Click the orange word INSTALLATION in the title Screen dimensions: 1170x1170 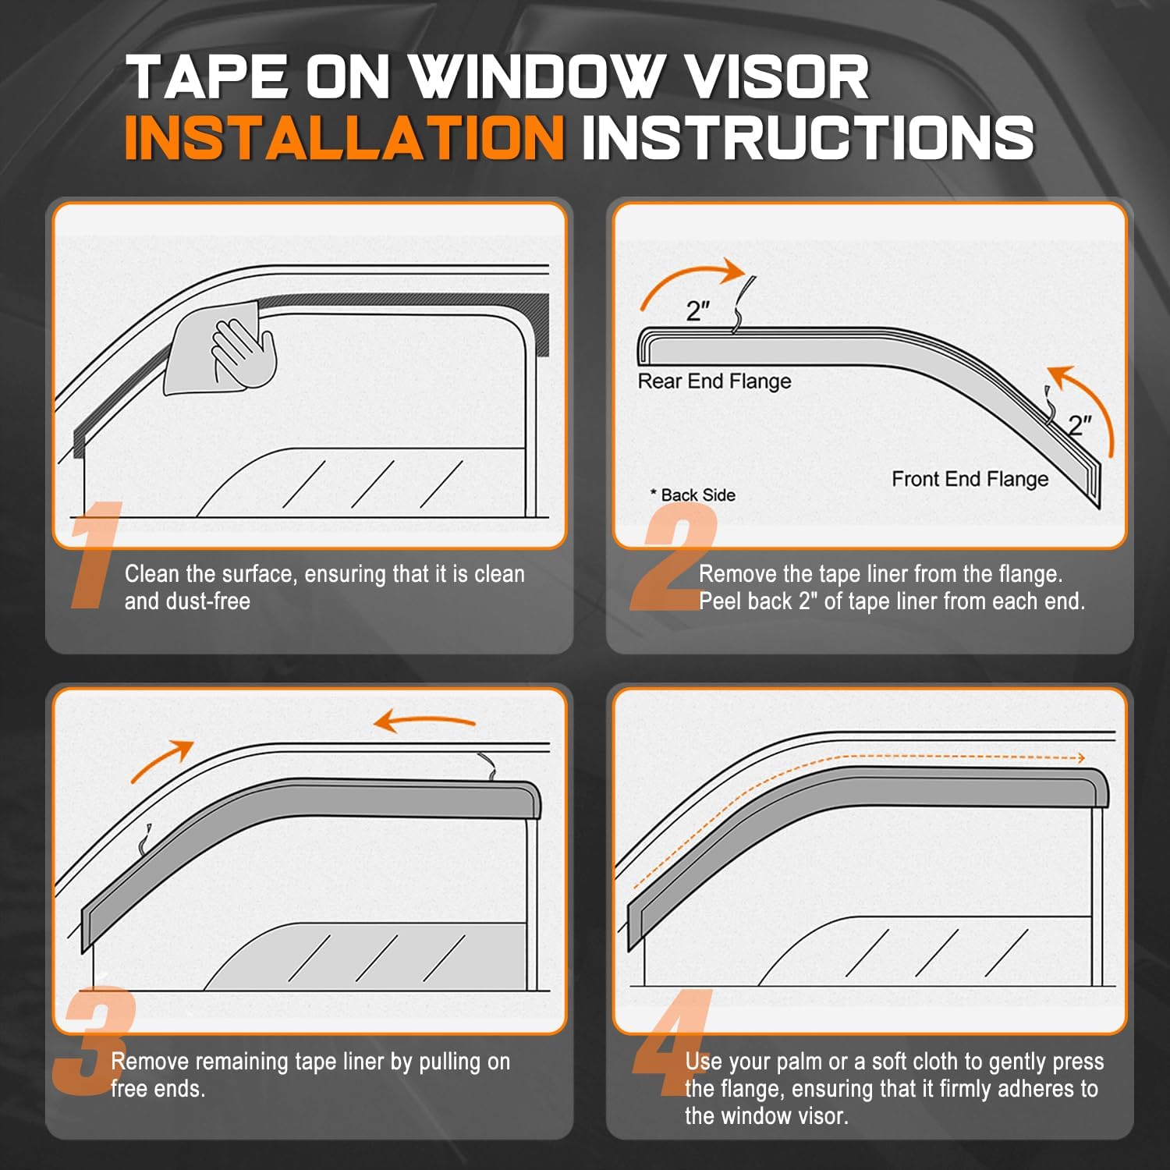(x=343, y=137)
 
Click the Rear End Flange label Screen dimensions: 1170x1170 (x=714, y=381)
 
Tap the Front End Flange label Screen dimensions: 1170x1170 (x=970, y=479)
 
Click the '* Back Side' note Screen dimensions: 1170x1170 (x=693, y=495)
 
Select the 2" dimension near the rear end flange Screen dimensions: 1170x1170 (x=697, y=311)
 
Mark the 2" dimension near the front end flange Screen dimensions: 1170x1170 (x=1080, y=425)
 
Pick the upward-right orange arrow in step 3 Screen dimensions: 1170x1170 (x=162, y=760)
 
